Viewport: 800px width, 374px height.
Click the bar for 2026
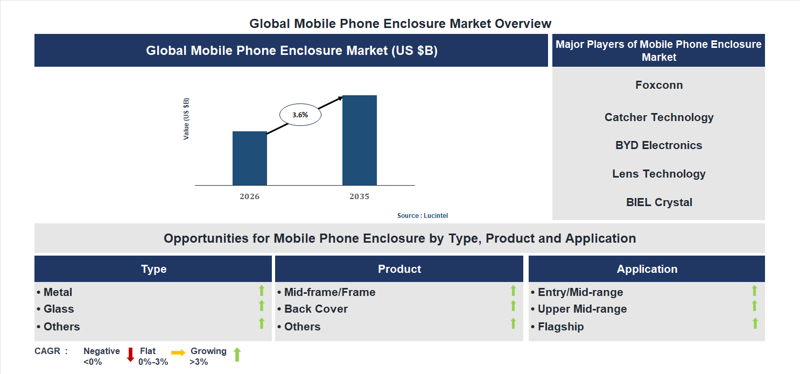click(249, 158)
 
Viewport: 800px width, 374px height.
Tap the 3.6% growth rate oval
click(300, 115)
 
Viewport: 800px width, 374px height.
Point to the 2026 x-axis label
click(249, 196)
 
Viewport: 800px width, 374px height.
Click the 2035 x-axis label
click(359, 196)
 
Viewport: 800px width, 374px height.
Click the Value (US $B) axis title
click(186, 119)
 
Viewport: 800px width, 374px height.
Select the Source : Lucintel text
click(422, 215)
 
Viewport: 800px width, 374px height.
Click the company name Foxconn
click(658, 85)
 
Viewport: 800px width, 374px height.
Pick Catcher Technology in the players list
click(658, 117)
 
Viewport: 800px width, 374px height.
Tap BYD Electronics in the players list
click(658, 145)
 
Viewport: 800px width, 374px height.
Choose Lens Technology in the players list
click(658, 174)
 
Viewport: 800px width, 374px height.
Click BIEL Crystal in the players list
click(658, 202)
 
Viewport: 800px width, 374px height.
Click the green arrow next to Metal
click(262, 291)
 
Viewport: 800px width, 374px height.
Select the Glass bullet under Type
click(59, 309)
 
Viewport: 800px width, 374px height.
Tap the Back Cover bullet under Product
click(315, 309)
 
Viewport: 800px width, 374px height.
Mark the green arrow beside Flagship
click(755, 323)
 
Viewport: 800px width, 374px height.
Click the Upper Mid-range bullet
click(581, 309)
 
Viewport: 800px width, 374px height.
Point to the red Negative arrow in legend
click(130, 355)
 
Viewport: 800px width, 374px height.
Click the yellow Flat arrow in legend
click(178, 352)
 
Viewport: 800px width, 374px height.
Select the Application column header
click(647, 269)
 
